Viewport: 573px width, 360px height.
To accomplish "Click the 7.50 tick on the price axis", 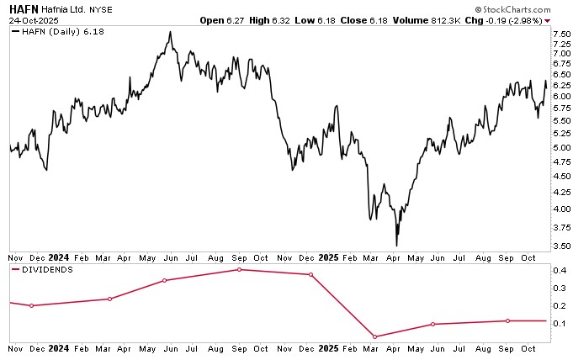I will click(x=561, y=34).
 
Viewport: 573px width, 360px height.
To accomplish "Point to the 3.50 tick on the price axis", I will click(x=561, y=246).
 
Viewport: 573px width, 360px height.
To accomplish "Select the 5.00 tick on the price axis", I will click(x=561, y=148).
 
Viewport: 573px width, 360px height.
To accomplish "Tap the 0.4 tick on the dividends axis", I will click(x=560, y=271).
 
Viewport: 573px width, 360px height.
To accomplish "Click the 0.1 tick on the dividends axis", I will click(x=560, y=324).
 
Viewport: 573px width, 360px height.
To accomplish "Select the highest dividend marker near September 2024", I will click(x=239, y=270).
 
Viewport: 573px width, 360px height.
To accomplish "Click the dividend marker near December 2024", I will click(x=310, y=275).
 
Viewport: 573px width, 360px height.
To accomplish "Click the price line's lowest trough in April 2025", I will click(x=396, y=246).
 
